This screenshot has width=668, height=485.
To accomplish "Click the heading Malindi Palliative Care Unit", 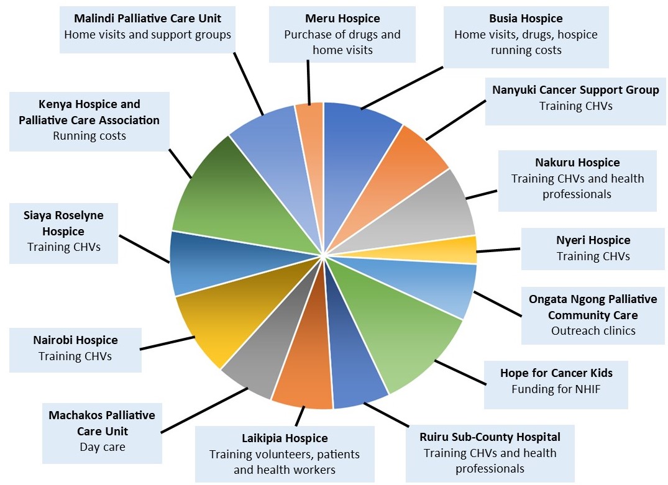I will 147,18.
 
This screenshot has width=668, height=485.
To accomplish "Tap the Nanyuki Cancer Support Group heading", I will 575,90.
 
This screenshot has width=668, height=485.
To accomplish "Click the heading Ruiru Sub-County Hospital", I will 490,437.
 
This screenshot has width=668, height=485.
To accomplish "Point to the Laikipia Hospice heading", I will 285,438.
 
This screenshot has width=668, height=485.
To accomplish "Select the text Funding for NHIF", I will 556,389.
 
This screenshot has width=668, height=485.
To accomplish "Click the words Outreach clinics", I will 593,330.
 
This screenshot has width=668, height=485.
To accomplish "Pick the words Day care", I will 103,447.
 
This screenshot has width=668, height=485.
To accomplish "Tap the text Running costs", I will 89,136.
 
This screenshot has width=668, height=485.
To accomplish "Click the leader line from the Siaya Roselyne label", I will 144,250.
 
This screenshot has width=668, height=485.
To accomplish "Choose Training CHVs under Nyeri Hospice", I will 593,256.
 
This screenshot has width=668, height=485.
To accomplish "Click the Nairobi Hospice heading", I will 75,340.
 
